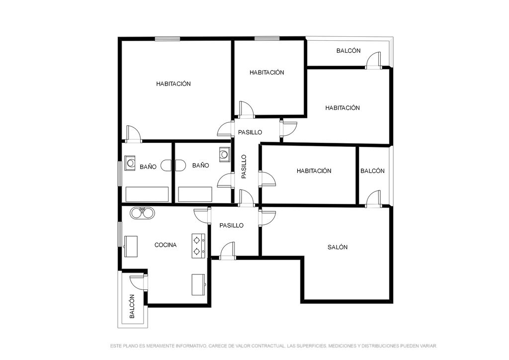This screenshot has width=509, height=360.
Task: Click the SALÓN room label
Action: (338, 247)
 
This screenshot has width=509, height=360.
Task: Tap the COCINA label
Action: (165, 245)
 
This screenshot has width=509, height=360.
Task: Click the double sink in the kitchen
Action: (142, 213)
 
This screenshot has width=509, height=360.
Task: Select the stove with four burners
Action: (199, 246)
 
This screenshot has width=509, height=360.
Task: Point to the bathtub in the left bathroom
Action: (147, 194)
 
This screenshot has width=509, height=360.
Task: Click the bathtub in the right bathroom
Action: (195, 194)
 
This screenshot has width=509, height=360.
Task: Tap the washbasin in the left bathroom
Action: (130, 163)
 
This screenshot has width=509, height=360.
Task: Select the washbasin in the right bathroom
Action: (224, 155)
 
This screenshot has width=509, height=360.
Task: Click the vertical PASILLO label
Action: (244, 167)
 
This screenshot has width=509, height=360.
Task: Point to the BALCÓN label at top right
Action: (348, 51)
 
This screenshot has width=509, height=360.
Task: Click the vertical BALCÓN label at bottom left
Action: (132, 306)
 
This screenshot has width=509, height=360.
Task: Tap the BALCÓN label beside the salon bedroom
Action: (372, 171)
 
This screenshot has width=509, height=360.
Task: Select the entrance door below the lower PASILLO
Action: (227, 251)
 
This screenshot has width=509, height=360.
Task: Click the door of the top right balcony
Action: (373, 61)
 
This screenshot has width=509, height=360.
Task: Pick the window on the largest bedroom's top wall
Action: (167, 39)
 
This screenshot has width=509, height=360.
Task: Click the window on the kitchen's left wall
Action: (120, 234)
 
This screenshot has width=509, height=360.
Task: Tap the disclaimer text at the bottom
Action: (273, 347)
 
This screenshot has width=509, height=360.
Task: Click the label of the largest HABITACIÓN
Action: (173, 84)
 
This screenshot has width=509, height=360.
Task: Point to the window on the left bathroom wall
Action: (120, 174)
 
